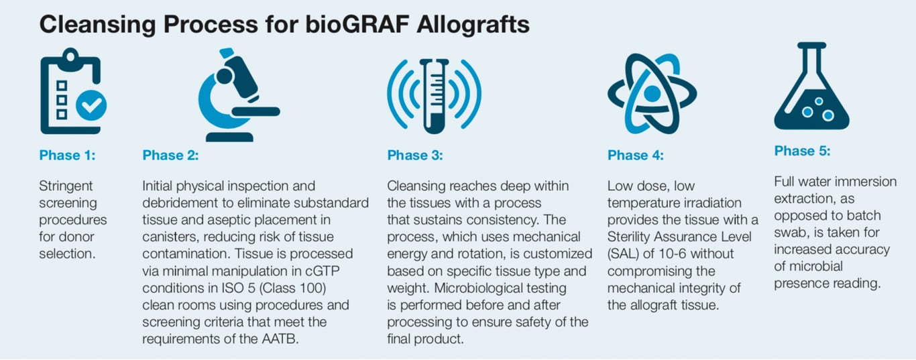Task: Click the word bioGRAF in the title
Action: tap(357, 25)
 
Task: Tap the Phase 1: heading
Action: tap(68, 156)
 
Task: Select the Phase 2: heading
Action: tap(170, 156)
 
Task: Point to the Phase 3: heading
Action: tap(415, 156)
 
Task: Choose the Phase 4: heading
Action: tap(636, 156)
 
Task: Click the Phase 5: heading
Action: tap(802, 152)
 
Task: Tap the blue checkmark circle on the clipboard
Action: tap(92, 105)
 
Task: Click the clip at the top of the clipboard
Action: tap(70, 57)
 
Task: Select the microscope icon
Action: tap(239, 95)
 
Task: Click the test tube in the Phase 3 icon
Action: tap(435, 97)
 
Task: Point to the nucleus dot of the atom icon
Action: tap(652, 94)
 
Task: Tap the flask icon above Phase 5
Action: tap(811, 86)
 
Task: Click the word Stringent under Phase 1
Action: tap(66, 186)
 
